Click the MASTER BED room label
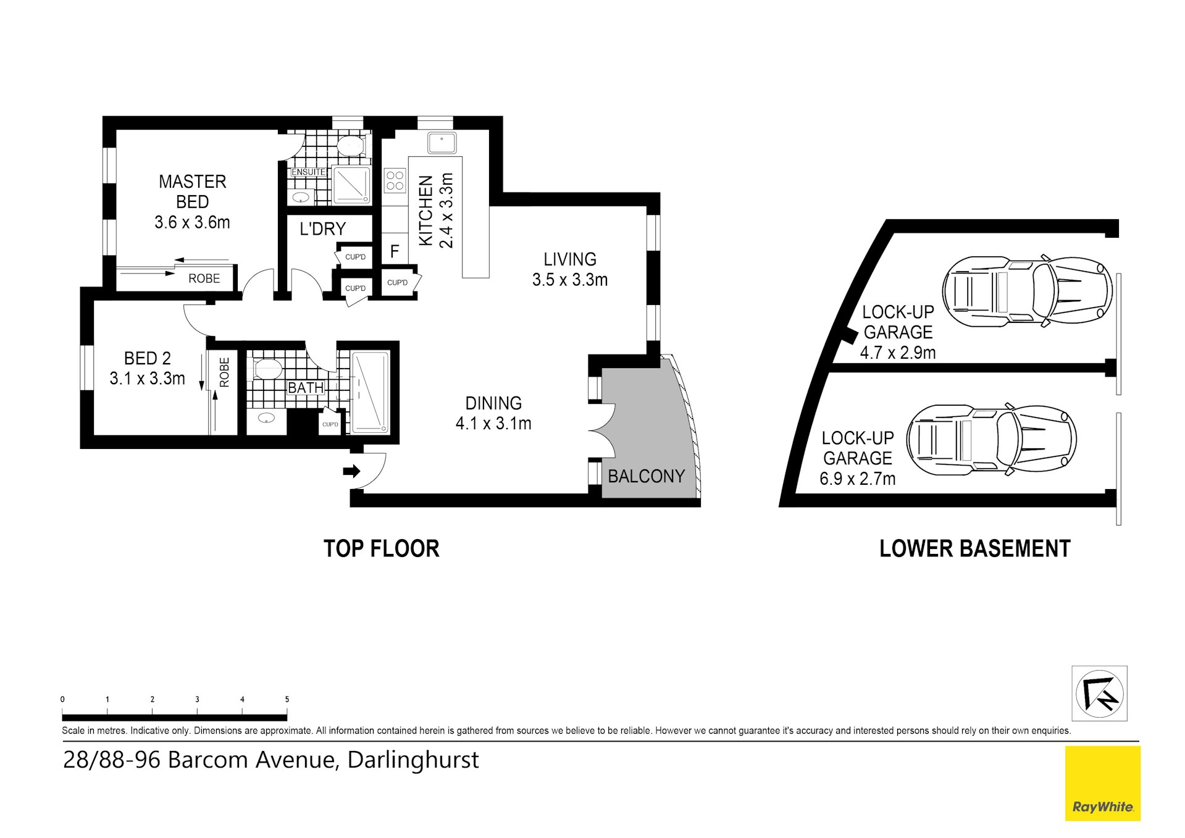(193, 191)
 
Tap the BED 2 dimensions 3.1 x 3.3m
(148, 379)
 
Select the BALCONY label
(647, 476)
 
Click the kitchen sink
(442, 143)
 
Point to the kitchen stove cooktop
(395, 180)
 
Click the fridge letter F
(395, 251)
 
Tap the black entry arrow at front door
(351, 471)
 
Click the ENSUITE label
(308, 172)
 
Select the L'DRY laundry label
(322, 229)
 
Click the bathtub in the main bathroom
(371, 392)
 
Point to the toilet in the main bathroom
(267, 369)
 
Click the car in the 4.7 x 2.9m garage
(1028, 291)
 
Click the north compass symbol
(1100, 693)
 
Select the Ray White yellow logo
(1103, 784)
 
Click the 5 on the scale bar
(287, 700)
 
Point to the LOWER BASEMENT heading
(974, 548)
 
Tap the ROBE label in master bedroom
(204, 279)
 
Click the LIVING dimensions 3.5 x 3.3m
(570, 280)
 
